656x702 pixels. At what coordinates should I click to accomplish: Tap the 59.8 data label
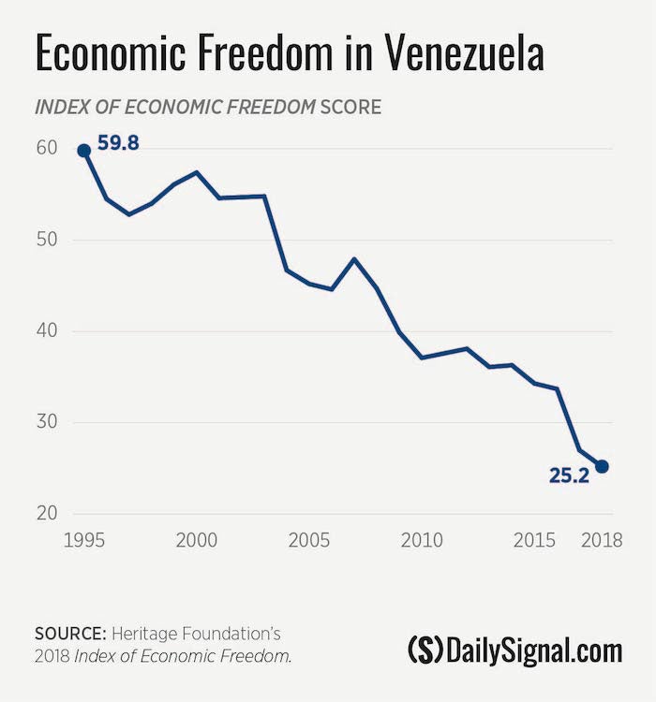(x=118, y=145)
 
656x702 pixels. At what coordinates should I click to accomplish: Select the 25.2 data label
(x=569, y=475)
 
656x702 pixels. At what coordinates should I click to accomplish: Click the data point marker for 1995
(x=83, y=150)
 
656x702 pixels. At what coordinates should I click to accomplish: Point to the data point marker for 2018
(x=602, y=466)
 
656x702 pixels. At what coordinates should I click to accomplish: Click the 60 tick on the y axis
(x=47, y=149)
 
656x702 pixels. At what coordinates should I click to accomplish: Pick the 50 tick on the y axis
(x=47, y=240)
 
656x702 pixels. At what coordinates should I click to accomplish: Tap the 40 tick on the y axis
(x=47, y=331)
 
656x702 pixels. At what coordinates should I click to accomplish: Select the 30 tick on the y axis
(x=47, y=422)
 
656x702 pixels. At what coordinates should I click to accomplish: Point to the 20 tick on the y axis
(x=47, y=513)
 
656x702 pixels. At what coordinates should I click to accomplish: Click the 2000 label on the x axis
(x=196, y=541)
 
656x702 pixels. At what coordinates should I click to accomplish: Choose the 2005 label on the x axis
(x=309, y=541)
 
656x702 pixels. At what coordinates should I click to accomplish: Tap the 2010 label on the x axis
(x=422, y=541)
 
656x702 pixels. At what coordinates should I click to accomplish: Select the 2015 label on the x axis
(x=534, y=541)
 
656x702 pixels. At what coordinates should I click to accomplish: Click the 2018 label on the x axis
(x=601, y=541)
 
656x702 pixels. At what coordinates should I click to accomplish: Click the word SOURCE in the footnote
(x=67, y=635)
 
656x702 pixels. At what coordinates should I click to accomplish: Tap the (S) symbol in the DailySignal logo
(x=425, y=649)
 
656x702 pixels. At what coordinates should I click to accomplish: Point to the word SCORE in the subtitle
(x=350, y=107)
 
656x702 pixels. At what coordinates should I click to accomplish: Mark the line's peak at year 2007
(x=354, y=258)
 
